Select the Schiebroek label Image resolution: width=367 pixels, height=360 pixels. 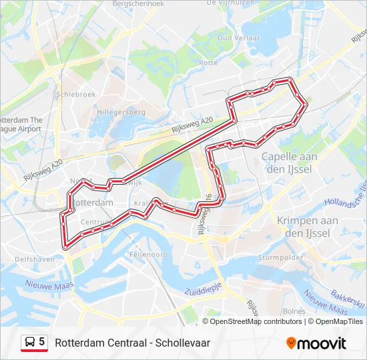[77, 95]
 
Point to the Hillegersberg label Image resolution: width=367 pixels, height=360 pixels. [121, 112]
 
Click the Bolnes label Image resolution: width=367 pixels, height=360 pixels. [294, 310]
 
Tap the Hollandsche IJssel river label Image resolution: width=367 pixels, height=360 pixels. [344, 197]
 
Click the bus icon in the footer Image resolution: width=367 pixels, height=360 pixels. [29, 343]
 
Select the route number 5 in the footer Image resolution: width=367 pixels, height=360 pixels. [42, 342]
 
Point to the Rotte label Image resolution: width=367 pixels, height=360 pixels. [208, 63]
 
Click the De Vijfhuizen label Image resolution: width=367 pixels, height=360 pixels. [228, 3]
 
